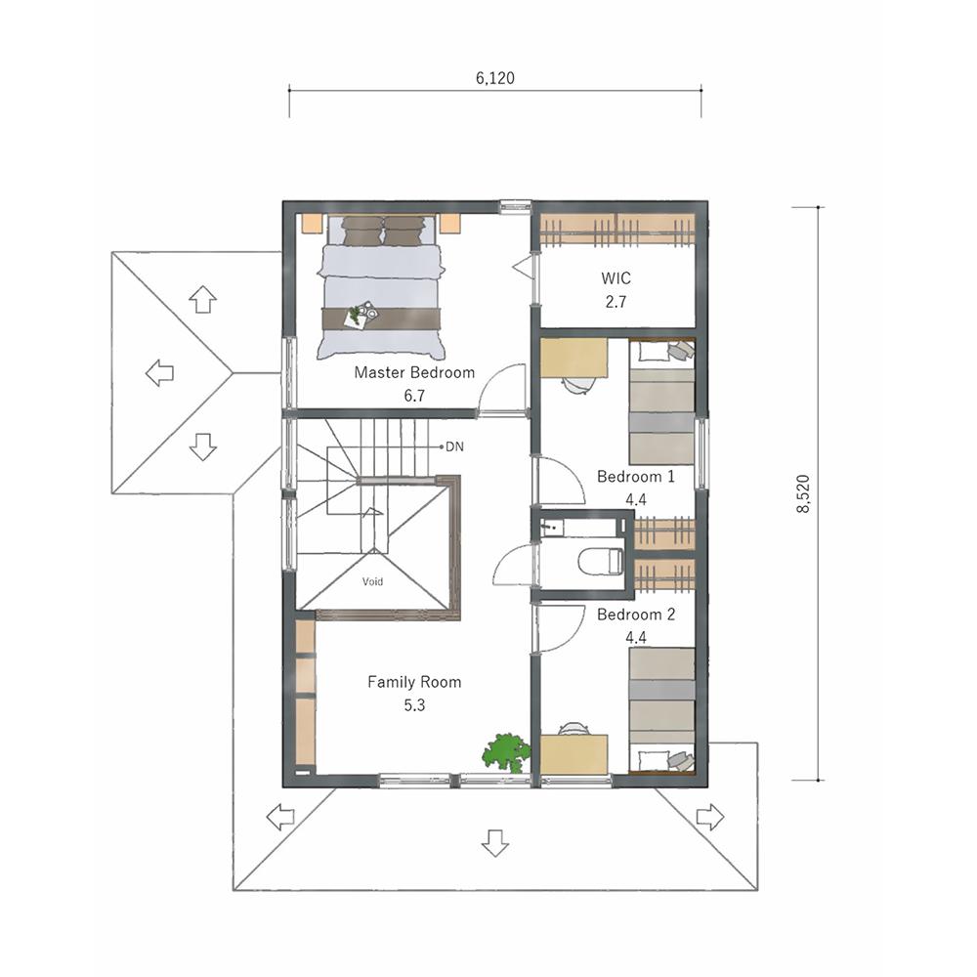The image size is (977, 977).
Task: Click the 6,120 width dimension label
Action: point(494,78)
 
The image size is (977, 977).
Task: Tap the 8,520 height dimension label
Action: point(803,493)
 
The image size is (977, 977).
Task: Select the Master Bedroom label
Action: point(414,372)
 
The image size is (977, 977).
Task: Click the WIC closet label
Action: point(616,277)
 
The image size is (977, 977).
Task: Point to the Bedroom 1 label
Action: point(636,477)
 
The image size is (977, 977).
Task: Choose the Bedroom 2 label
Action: point(636,615)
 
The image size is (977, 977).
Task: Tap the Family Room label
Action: point(414,682)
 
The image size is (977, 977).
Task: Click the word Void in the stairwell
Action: point(372,581)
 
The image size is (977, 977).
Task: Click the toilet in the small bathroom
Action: point(601,561)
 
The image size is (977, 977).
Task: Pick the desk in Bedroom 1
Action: point(573,358)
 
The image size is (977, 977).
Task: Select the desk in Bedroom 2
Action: point(573,754)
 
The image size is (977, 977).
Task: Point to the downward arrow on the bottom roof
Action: point(495,842)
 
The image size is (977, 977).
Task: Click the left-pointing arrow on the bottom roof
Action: point(280,816)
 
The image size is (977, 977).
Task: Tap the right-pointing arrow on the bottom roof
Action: point(710,816)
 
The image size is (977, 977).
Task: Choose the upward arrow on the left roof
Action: point(202,299)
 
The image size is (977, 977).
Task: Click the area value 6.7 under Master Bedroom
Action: point(414,396)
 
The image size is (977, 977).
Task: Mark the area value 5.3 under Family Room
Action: point(414,705)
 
